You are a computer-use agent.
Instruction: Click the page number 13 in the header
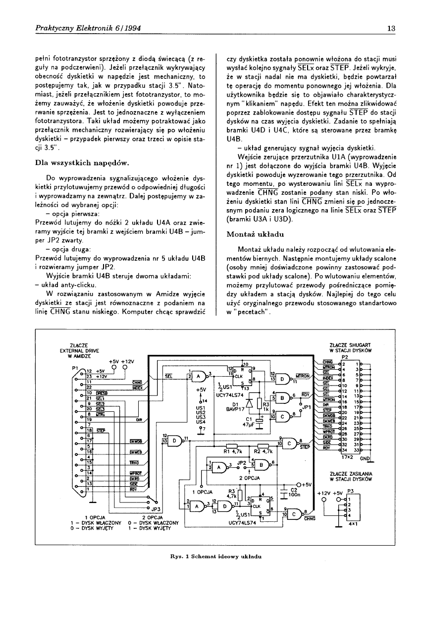[x=390, y=28]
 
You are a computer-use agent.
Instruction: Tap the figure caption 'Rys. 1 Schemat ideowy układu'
[x=211, y=556]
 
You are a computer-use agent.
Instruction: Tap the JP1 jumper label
[x=307, y=407]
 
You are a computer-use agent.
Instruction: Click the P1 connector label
[x=75, y=368]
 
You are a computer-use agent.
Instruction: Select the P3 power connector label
[x=350, y=490]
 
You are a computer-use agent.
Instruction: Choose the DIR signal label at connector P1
[x=139, y=419]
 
